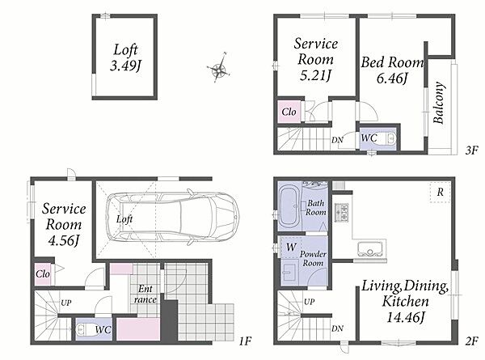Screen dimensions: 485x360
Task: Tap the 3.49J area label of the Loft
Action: pyautogui.click(x=125, y=66)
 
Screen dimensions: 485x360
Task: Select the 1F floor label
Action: pyautogui.click(x=245, y=341)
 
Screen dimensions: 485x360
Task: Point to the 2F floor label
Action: pyautogui.click(x=472, y=341)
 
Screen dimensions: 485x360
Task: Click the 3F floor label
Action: pyautogui.click(x=472, y=150)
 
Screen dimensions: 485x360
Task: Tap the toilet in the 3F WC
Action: pyautogui.click(x=390, y=138)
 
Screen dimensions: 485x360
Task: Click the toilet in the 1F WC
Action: pyautogui.click(x=84, y=330)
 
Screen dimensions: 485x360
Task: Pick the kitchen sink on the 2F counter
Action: pyautogui.click(x=369, y=248)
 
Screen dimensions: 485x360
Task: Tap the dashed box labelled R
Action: pyautogui.click(x=440, y=193)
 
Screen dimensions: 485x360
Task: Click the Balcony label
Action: pyautogui.click(x=439, y=103)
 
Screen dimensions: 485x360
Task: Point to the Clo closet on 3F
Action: pyautogui.click(x=289, y=112)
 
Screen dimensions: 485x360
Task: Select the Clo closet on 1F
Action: pyautogui.click(x=43, y=274)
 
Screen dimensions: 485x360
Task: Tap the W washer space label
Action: pyautogui.click(x=291, y=247)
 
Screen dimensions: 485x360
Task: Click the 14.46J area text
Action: pyautogui.click(x=405, y=317)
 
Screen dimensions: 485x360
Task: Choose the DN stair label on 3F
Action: pyautogui.click(x=337, y=140)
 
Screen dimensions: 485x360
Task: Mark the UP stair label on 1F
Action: pyautogui.click(x=66, y=303)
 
